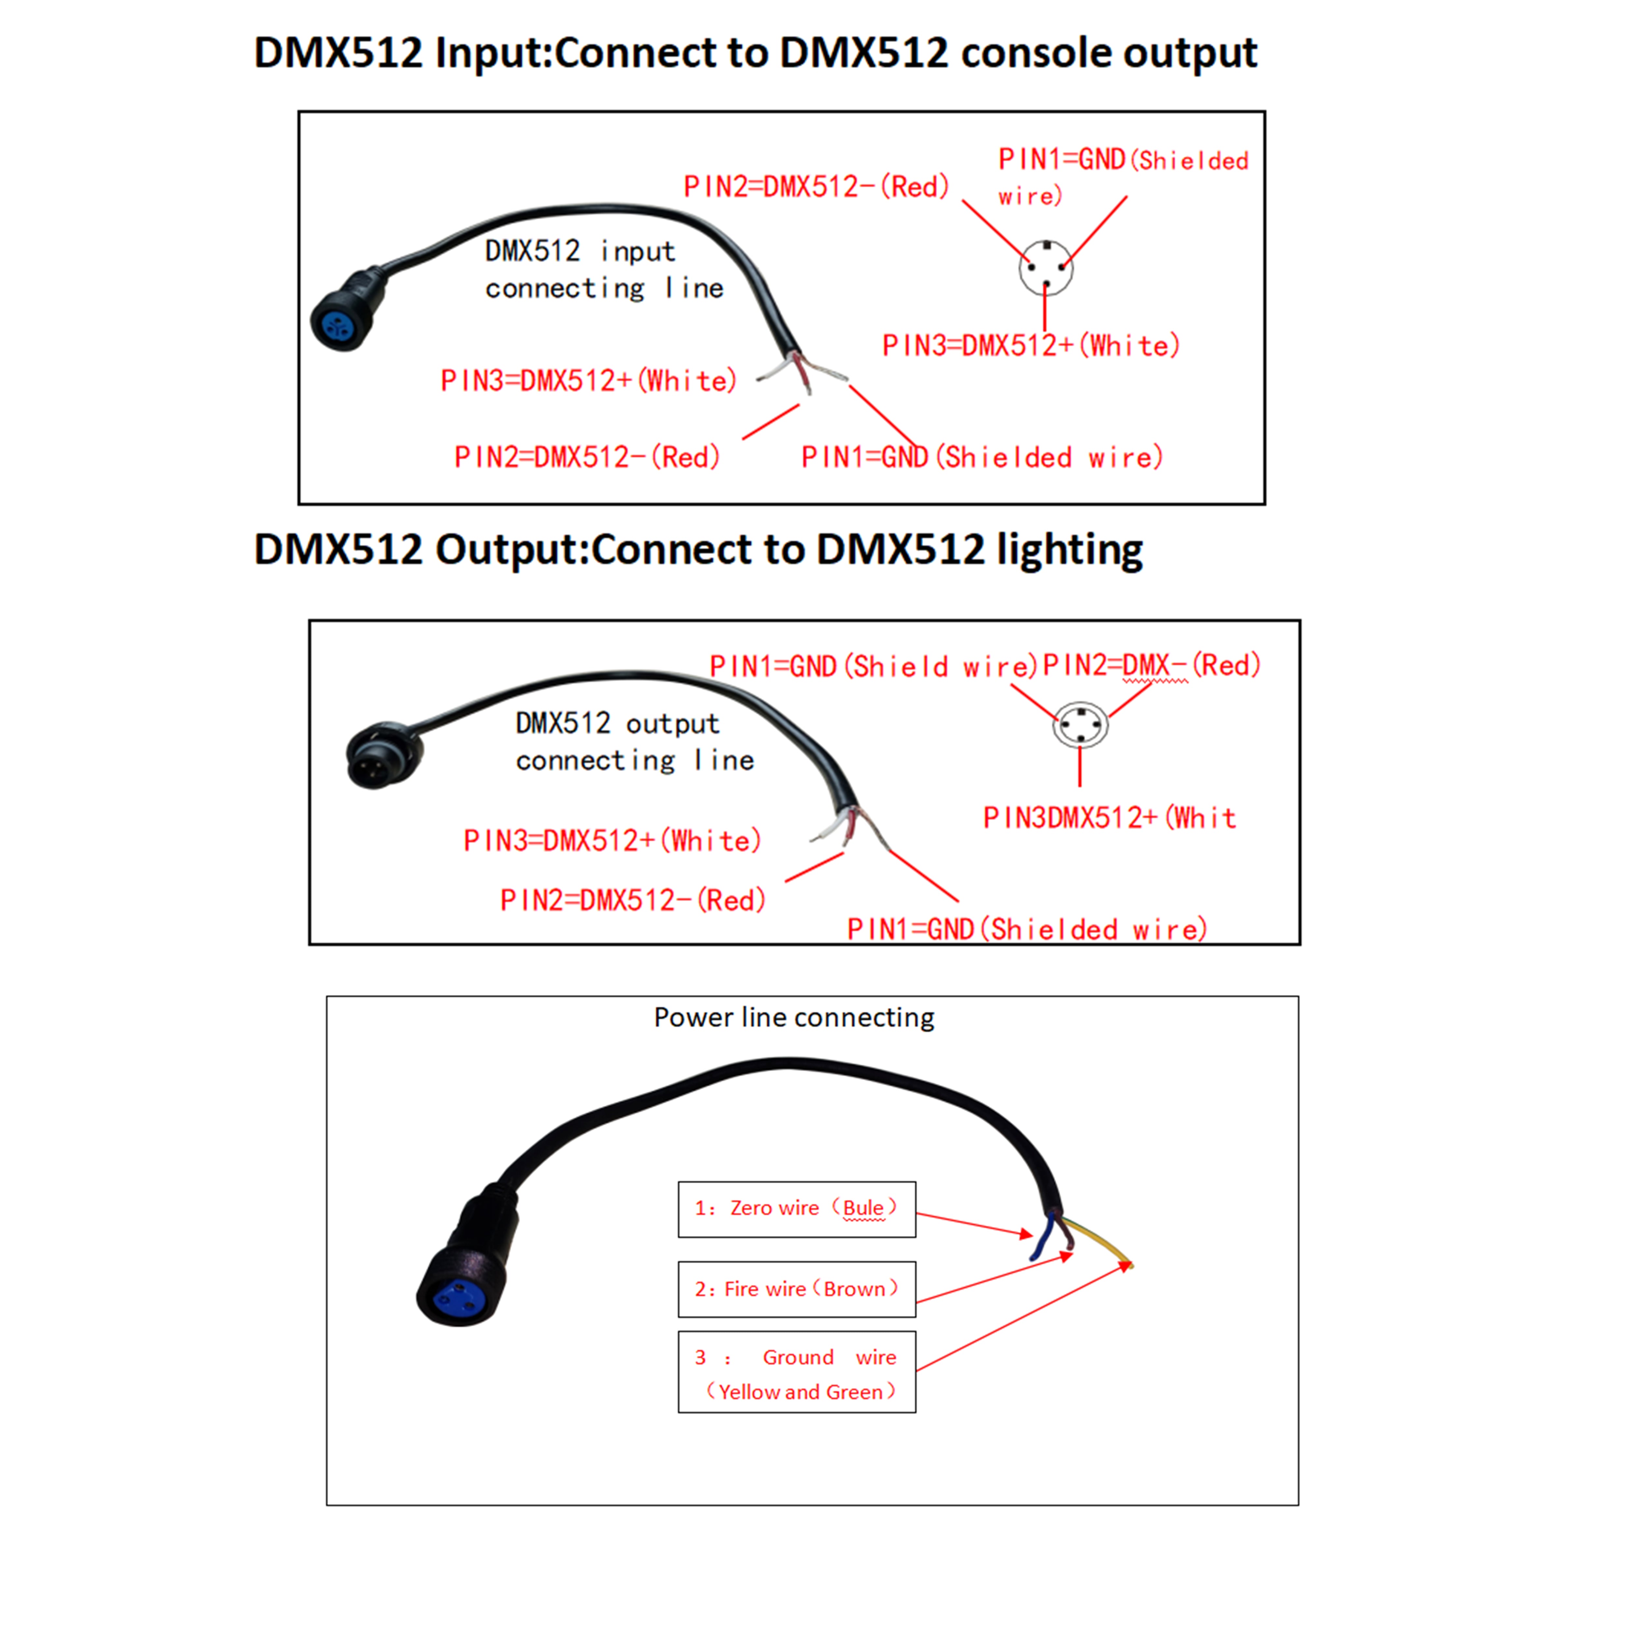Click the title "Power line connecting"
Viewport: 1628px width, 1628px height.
pos(794,1017)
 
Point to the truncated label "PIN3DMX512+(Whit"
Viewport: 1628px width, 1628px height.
pos(1109,817)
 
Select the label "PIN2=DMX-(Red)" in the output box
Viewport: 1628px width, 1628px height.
pos(1151,665)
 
